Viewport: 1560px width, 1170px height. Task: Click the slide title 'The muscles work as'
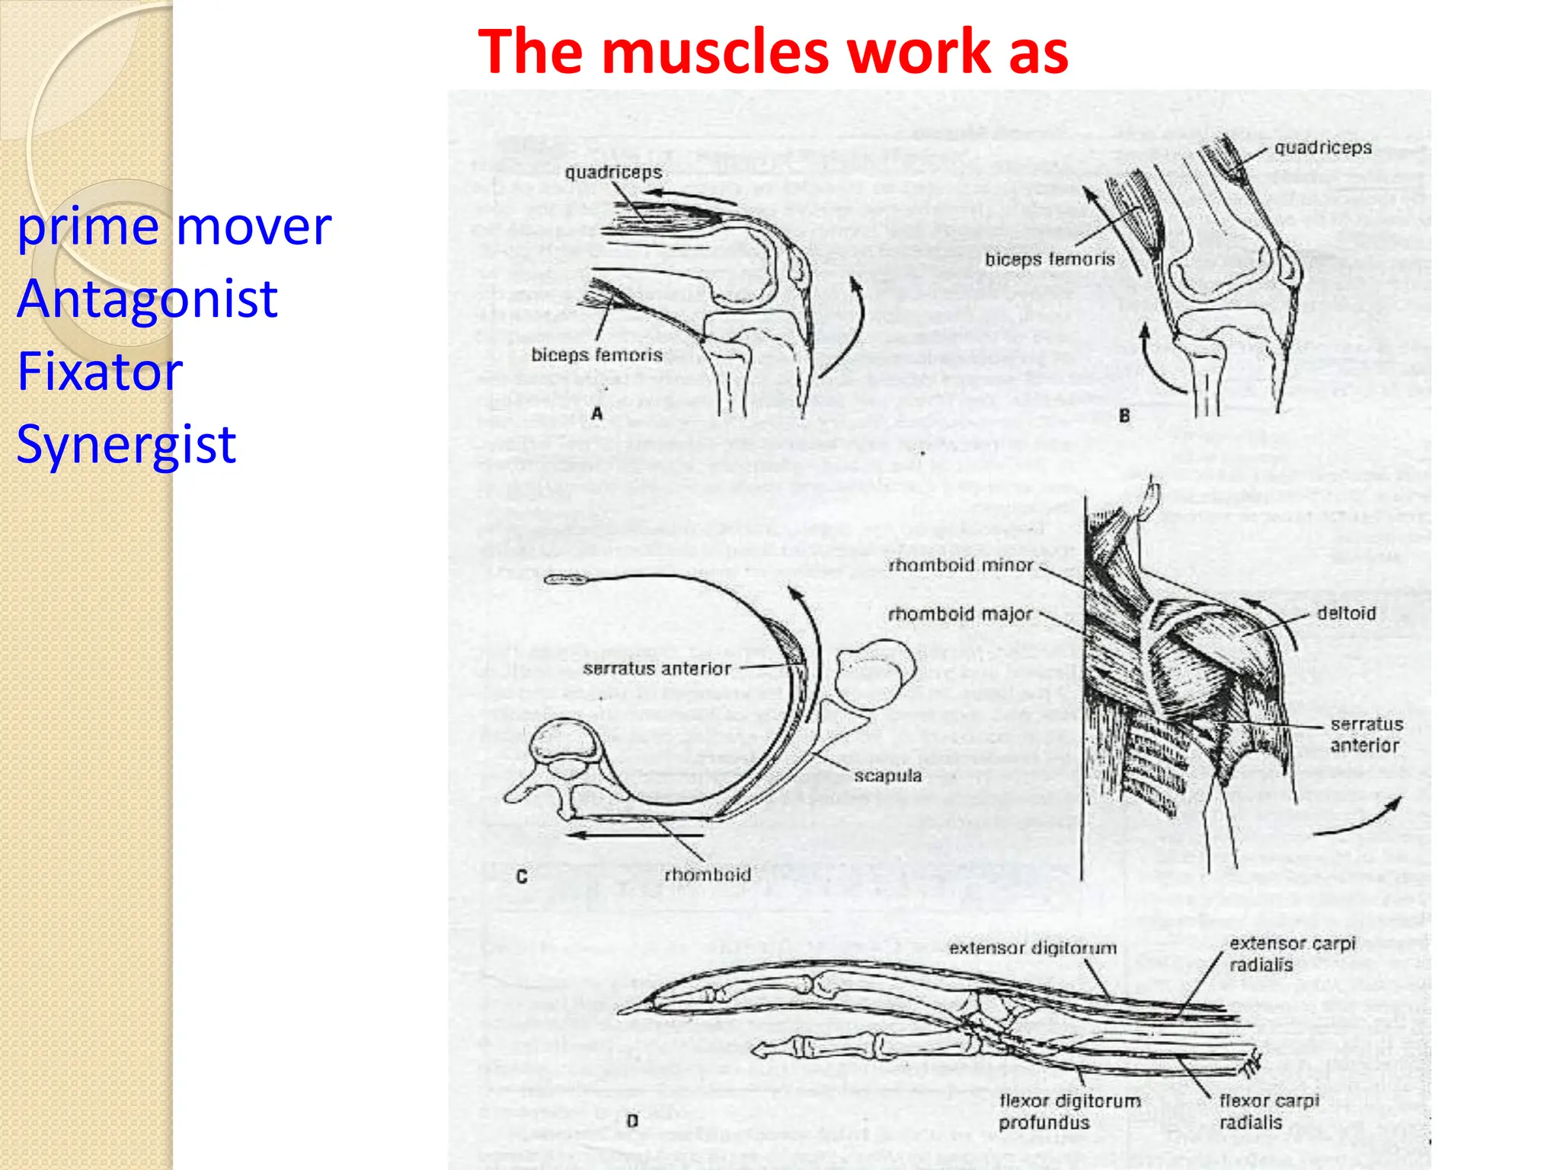(772, 52)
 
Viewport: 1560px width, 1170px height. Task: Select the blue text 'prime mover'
(174, 227)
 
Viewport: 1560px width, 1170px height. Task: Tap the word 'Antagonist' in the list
(147, 299)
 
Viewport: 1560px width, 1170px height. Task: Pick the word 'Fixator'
(100, 372)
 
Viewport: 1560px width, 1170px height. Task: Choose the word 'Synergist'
(126, 444)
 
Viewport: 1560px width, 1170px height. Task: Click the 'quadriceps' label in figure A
(613, 173)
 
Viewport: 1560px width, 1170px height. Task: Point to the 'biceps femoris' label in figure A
(596, 355)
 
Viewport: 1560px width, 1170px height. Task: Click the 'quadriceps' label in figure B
(1323, 148)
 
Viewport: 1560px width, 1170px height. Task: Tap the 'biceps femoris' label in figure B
(1050, 260)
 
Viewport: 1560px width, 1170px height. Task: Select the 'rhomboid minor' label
(961, 565)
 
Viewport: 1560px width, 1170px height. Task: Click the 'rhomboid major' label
(960, 614)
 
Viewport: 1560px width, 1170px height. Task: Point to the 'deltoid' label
(1346, 613)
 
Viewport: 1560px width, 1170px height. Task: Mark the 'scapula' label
(887, 776)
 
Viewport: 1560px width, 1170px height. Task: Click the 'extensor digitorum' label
(1032, 948)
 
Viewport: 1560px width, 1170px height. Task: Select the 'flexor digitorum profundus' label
(1069, 1111)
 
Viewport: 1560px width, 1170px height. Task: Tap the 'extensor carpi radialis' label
(1292, 954)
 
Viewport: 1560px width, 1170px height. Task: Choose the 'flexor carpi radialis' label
(1268, 1111)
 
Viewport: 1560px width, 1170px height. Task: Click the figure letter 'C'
(522, 877)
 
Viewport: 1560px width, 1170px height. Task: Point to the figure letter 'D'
(632, 1121)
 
